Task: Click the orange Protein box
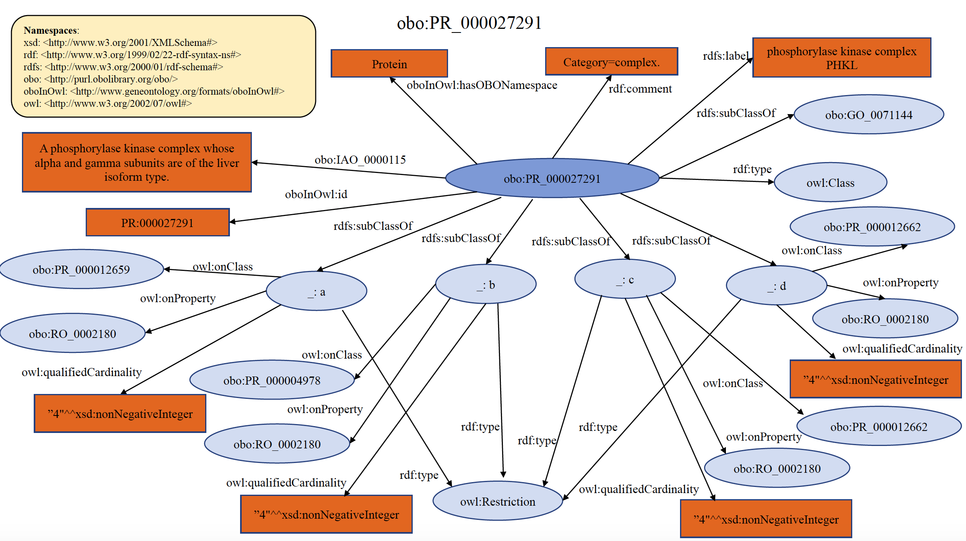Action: tap(389, 63)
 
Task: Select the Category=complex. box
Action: tap(611, 62)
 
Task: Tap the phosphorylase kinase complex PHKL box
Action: tap(841, 58)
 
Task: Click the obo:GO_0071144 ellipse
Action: tap(869, 115)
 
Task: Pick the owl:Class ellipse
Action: tap(830, 183)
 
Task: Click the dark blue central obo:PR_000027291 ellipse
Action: tap(552, 178)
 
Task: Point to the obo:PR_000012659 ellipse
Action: tap(81, 269)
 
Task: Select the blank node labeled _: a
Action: tap(316, 291)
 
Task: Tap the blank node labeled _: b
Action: tap(485, 284)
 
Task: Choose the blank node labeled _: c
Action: tap(625, 279)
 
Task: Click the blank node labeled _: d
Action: tap(776, 286)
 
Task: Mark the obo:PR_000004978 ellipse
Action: tap(272, 380)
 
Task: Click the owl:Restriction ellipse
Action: tap(498, 501)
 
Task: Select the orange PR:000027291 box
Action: tap(157, 223)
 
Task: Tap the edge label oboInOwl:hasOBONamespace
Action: tap(482, 85)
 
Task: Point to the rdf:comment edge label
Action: tap(640, 89)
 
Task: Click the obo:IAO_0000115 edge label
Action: tap(360, 160)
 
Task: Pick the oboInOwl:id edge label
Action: tap(316, 194)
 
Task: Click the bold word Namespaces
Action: tap(50, 30)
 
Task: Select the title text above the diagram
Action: tap(469, 23)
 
